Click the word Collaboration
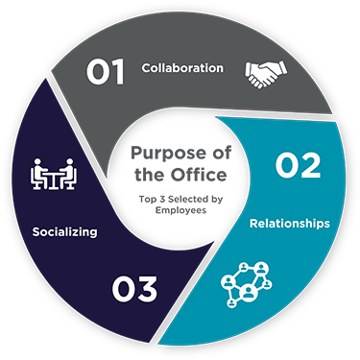click(x=182, y=68)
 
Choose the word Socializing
click(x=63, y=231)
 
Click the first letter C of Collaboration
click(x=146, y=68)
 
